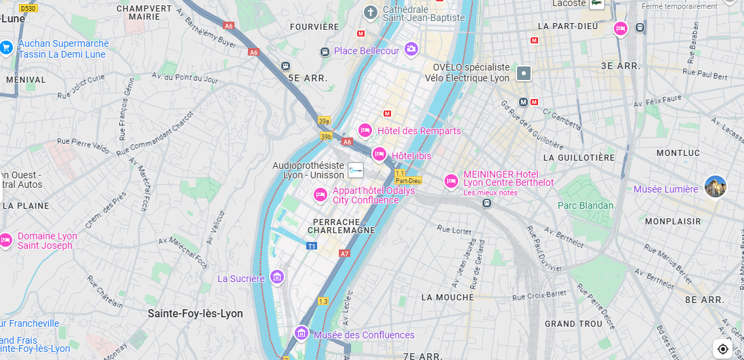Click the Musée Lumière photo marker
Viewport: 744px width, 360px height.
[715, 186]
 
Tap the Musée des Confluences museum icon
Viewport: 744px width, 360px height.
[302, 334]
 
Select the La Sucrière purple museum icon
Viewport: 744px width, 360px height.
[276, 277]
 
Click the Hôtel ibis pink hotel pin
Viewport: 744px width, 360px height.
[379, 155]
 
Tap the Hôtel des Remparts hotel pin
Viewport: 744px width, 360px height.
[365, 130]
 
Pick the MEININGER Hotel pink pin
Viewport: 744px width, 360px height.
[451, 181]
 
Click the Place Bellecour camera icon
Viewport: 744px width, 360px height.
[411, 49]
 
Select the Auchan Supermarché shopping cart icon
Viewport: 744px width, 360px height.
[6, 47]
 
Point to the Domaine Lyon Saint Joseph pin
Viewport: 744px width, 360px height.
[5, 240]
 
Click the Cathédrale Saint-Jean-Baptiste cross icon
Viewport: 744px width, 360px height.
[370, 12]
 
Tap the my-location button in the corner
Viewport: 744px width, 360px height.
[723, 348]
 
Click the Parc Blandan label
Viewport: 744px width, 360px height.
[585, 205]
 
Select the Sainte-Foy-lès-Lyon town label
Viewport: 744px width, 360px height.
[195, 313]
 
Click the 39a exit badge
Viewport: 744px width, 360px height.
[324, 121]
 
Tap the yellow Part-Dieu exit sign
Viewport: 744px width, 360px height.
[409, 181]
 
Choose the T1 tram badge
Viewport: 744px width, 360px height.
[312, 246]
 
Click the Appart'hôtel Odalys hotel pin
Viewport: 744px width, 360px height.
[321, 195]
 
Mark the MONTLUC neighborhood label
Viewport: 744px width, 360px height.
[678, 153]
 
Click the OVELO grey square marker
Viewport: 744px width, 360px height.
[523, 73]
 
